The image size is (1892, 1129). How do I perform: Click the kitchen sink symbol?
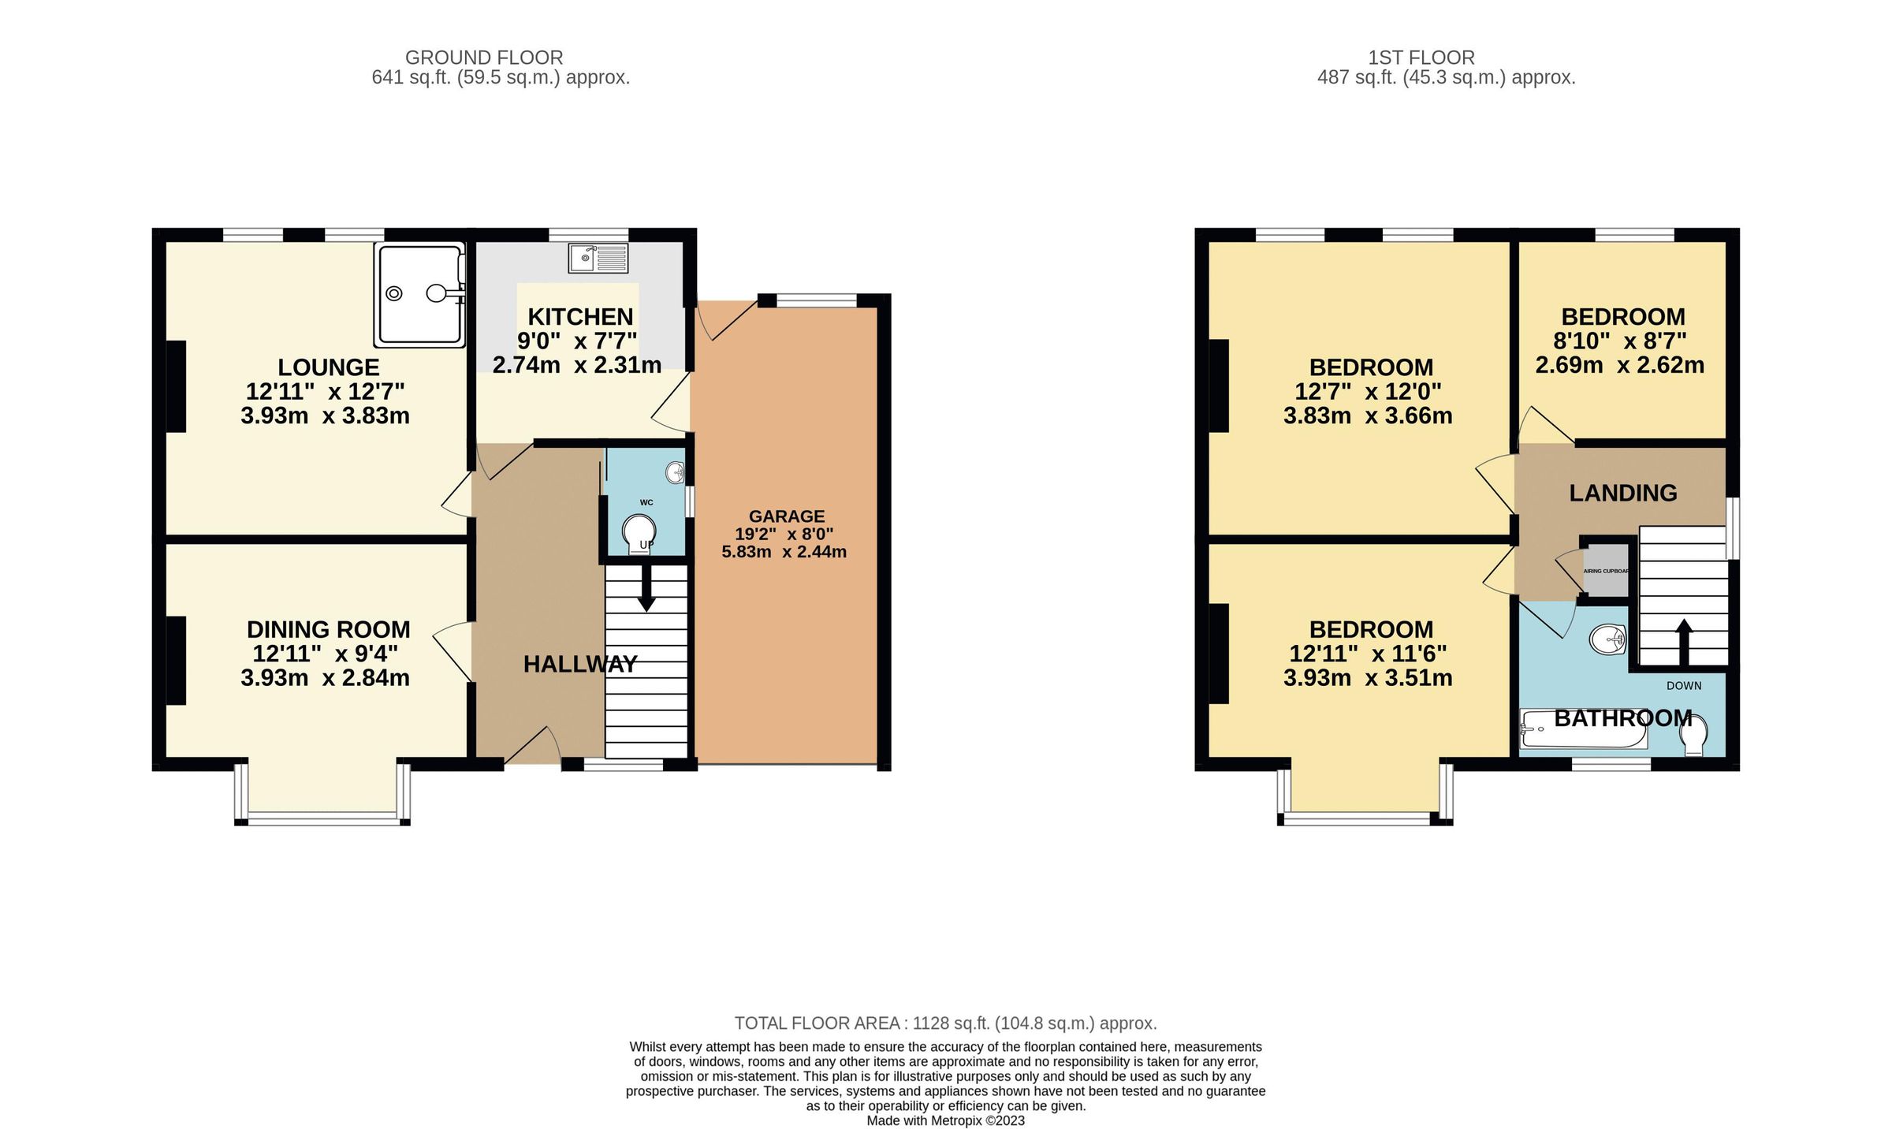tap(598, 258)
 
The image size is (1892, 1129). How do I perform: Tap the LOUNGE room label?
tap(329, 367)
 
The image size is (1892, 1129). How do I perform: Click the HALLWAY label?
tap(580, 665)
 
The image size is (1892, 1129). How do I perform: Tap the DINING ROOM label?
tap(329, 630)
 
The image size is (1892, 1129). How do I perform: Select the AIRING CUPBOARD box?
tap(1606, 571)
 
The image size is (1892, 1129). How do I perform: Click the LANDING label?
tap(1622, 494)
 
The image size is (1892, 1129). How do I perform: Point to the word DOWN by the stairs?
tap(1684, 686)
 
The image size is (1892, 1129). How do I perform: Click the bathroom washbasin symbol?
tap(1608, 639)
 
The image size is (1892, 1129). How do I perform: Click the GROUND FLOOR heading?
tap(484, 58)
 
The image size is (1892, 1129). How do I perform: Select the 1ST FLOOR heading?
tap(1421, 58)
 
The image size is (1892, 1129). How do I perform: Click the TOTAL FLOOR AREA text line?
tap(945, 1023)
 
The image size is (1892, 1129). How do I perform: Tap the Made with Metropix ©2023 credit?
tap(945, 1121)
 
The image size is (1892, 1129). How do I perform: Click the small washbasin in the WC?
tap(676, 472)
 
